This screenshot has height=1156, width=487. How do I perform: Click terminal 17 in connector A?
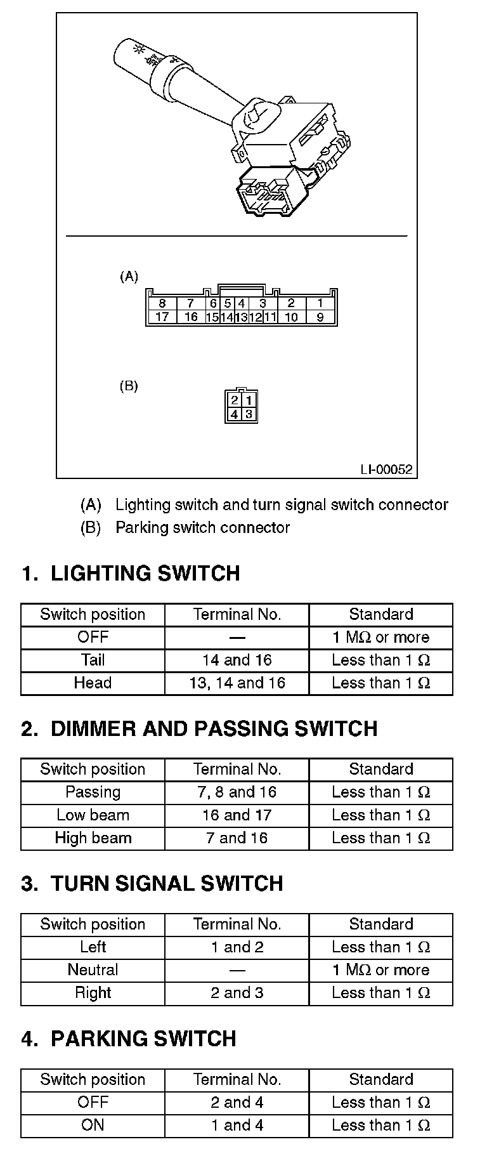click(162, 317)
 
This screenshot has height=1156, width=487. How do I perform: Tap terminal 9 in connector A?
click(320, 317)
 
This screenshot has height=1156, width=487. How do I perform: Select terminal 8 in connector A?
click(162, 304)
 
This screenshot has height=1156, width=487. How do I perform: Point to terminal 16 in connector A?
click(191, 317)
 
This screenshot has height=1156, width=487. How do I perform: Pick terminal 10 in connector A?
click(291, 317)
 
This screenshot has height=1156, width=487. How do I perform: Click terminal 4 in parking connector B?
click(234, 414)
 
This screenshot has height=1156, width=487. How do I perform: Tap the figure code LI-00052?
click(386, 470)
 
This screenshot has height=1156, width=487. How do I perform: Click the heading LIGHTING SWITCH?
click(145, 574)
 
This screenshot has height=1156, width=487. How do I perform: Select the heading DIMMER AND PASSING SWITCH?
click(214, 728)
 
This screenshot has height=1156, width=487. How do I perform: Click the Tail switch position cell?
click(93, 660)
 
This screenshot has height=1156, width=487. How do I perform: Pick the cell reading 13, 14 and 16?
click(237, 683)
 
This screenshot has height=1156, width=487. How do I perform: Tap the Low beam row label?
click(93, 815)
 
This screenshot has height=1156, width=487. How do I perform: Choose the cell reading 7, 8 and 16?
click(237, 792)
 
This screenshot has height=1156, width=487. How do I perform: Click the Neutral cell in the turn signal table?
click(93, 969)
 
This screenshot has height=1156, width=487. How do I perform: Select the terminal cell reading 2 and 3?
click(237, 992)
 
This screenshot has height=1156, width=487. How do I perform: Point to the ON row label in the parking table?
click(93, 1125)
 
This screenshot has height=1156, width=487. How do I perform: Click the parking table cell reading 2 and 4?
click(237, 1102)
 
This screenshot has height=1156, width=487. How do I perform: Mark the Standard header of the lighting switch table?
click(380, 614)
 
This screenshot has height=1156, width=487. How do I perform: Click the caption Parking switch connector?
click(202, 528)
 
